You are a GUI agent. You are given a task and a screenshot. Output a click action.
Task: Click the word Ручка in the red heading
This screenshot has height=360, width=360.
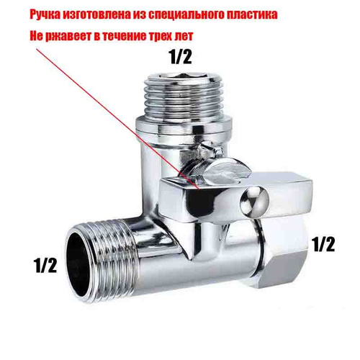click(x=45, y=15)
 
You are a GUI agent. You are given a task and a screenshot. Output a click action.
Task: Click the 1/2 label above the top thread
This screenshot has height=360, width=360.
click(x=181, y=57)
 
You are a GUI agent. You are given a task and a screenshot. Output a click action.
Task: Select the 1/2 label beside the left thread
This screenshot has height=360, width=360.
click(x=46, y=265)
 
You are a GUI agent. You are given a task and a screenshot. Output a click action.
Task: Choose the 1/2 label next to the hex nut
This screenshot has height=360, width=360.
click(x=323, y=244)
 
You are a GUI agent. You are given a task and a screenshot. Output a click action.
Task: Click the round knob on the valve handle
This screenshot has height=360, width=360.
click(x=254, y=201)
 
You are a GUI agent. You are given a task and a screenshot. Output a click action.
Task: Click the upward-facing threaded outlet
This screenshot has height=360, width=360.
click(x=184, y=94)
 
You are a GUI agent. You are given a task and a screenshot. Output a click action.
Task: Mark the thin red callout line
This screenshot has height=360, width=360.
click(x=118, y=119)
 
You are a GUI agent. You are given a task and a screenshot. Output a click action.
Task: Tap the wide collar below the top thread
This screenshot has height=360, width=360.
click(x=184, y=125)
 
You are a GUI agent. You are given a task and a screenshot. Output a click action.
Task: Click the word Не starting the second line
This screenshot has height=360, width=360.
click(x=37, y=37)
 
